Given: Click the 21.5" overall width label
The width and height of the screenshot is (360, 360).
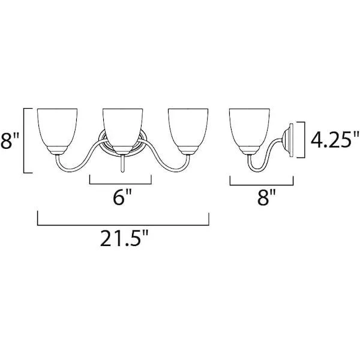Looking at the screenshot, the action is [124, 238].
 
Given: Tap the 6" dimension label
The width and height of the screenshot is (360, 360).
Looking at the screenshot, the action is [122, 197].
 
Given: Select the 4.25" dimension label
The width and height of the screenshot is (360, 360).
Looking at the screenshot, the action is [335, 140].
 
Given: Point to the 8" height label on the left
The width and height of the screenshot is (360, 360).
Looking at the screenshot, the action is [10, 140].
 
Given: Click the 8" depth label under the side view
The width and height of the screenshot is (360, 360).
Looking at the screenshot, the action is [266, 197].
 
